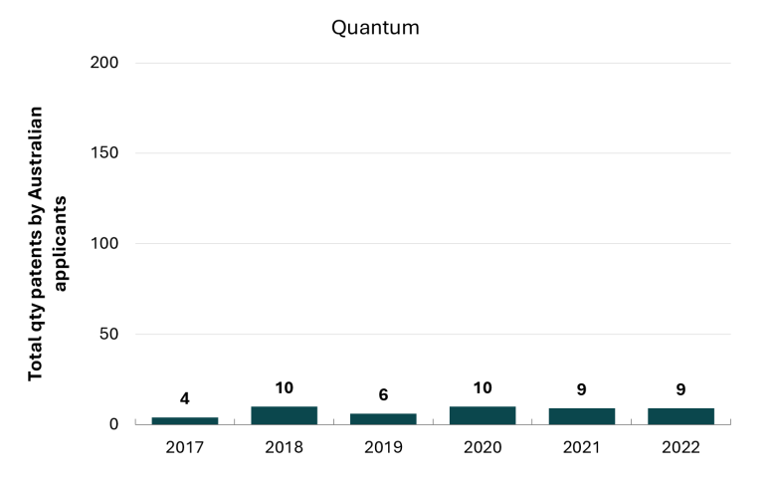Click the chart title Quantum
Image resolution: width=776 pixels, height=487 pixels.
(x=375, y=28)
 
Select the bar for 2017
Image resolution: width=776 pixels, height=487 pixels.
(x=185, y=420)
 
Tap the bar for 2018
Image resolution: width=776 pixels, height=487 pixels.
(x=285, y=415)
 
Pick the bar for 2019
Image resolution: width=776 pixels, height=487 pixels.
(x=383, y=418)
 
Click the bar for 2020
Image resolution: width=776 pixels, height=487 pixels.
(x=483, y=415)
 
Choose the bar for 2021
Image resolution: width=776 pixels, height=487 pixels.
(x=582, y=416)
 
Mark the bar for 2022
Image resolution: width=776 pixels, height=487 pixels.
(x=680, y=416)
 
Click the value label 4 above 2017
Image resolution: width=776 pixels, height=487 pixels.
(x=185, y=398)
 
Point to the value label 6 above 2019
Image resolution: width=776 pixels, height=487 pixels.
(x=383, y=394)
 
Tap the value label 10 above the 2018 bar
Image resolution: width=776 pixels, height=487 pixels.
(x=285, y=387)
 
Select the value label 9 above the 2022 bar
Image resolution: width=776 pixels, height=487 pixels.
(x=680, y=389)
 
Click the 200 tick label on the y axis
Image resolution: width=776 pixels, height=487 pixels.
(x=103, y=63)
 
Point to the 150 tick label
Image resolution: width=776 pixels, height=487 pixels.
(x=103, y=152)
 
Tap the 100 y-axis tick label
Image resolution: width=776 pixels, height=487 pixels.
(x=103, y=243)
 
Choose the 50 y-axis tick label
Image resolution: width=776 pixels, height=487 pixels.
(x=108, y=334)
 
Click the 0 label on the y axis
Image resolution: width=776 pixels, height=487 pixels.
(x=113, y=424)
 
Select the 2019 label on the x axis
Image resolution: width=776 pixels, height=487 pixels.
(x=383, y=447)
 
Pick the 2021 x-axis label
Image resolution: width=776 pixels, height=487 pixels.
(x=582, y=447)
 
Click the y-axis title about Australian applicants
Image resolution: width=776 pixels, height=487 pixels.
(x=47, y=243)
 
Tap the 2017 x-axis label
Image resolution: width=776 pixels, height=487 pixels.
(x=185, y=447)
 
